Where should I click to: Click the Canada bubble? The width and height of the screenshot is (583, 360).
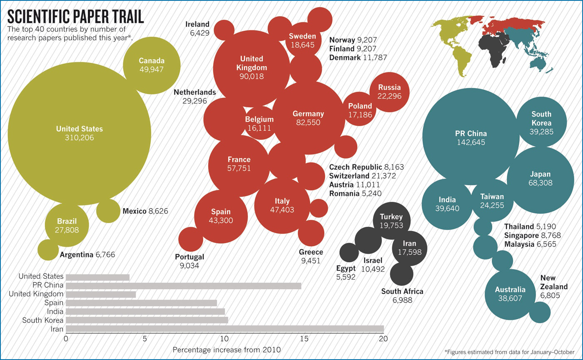152,65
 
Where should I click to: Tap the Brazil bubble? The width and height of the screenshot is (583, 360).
67,225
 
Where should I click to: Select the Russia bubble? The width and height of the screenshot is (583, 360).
389,92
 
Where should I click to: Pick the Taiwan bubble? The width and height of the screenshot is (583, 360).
492,201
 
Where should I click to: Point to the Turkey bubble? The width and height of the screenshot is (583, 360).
391,221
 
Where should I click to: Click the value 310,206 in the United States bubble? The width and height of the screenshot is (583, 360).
80,138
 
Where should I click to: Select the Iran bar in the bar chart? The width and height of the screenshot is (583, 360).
224,329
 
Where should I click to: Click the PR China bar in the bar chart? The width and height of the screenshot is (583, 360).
183,286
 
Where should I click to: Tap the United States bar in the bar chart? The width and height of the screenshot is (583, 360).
97,277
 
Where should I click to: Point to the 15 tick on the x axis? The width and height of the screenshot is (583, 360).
304,339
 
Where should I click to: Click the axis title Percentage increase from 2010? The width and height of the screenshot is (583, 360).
227,350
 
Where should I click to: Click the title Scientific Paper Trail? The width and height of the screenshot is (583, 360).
75,16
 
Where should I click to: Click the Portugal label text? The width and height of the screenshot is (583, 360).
189,257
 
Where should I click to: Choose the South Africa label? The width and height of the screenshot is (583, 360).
402,291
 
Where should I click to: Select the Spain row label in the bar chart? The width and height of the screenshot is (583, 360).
54,303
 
